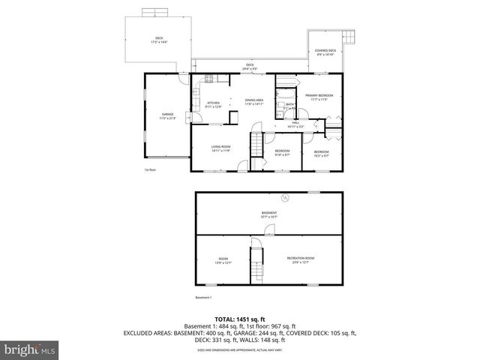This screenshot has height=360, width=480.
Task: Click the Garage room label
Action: pos(166,116)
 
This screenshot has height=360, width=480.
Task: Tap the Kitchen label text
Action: pos(213,105)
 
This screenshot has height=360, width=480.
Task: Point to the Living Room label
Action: pos(220,148)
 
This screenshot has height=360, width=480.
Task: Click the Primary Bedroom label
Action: pos(319,97)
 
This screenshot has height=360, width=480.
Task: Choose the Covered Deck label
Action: pos(325,52)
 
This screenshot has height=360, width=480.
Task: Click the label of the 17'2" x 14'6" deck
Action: pos(159,40)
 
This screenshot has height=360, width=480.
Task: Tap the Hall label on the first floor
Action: pos(295,124)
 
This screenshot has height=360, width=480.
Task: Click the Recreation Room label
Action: pos(300,260)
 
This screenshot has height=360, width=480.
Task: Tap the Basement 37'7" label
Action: pos(269,214)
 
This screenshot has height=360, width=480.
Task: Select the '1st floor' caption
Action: pos(150,170)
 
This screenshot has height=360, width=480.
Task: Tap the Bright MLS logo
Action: pos(29,349)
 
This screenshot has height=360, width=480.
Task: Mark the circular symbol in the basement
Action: pos(285,198)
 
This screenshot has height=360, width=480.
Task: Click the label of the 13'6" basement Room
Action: pos(223,260)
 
